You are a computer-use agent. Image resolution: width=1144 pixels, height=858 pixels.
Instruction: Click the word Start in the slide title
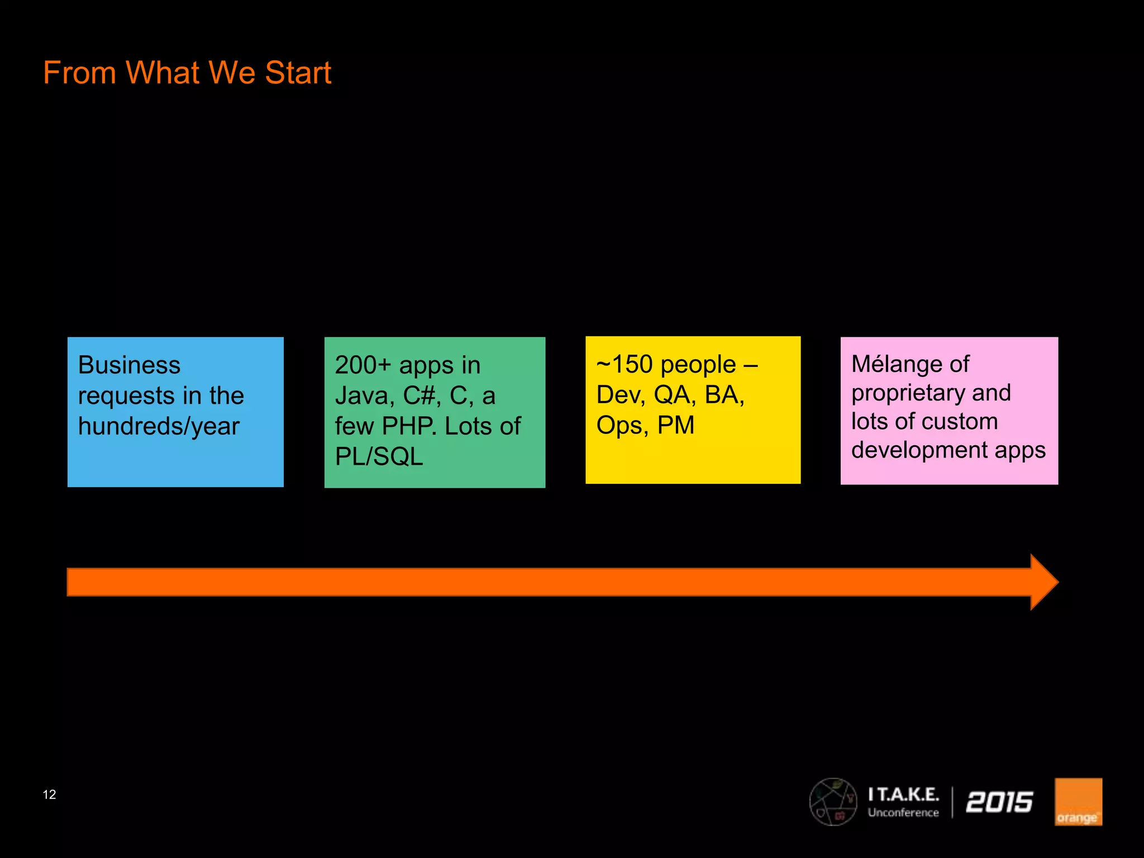(298, 73)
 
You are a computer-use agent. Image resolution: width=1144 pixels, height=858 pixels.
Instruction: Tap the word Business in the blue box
(129, 365)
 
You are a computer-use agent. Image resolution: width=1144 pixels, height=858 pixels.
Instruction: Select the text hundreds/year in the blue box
(159, 427)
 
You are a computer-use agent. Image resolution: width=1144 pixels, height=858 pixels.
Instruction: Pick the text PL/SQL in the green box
(379, 457)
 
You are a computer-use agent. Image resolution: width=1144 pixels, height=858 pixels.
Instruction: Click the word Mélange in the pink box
(890, 364)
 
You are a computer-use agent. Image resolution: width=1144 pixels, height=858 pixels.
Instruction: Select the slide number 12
(49, 794)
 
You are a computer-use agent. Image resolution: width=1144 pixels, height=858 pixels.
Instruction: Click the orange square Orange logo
(1078, 802)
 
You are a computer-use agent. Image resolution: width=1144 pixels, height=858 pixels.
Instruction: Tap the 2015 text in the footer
(999, 802)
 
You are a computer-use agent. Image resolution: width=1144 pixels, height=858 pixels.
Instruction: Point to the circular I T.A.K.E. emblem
(833, 802)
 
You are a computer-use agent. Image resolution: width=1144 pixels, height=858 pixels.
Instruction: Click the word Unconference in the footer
(903, 813)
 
